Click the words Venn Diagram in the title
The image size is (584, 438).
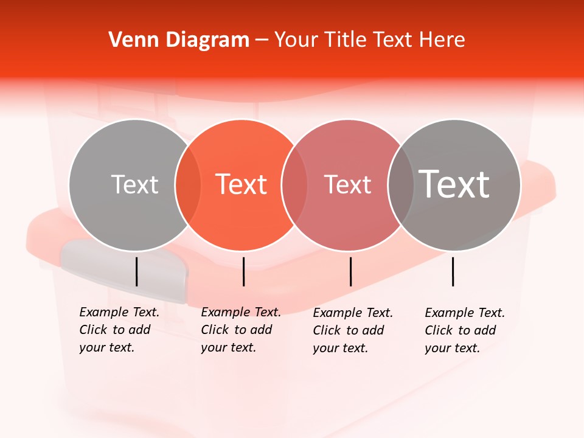coord(179,40)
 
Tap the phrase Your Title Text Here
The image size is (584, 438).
coord(369,40)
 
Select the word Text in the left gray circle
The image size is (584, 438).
coord(134,184)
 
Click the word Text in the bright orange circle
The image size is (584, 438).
coord(242,184)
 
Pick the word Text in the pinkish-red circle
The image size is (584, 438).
coord(347,184)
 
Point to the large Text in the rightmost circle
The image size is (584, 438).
coord(454,184)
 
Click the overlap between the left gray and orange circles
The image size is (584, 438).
coord(188,185)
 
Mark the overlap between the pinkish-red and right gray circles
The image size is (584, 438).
coord(400,185)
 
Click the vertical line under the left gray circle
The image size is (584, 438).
coord(136,271)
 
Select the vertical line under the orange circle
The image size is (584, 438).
coord(243,271)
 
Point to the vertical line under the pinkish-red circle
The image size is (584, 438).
coord(350,271)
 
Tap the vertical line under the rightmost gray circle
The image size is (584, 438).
coord(453,271)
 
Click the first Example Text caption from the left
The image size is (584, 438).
coord(119,330)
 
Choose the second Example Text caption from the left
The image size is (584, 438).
coord(241,330)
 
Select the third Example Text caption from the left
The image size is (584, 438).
coord(353,330)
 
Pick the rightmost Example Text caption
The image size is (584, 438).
coord(465,330)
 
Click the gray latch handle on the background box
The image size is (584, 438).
coord(122,268)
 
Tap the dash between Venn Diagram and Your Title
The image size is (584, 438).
coord(262,40)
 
